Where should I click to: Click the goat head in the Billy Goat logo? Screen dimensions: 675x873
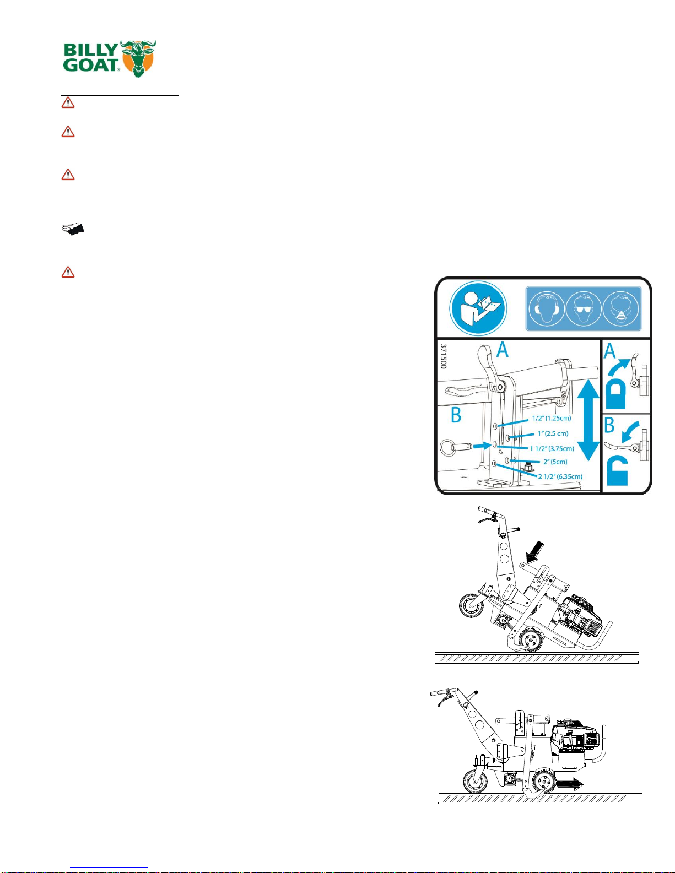[138, 58]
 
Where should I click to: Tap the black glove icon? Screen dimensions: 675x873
[73, 229]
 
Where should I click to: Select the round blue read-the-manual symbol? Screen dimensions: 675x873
[478, 308]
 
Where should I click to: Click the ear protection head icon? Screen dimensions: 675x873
[546, 308]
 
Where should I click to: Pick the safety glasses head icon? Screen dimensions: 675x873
[583, 308]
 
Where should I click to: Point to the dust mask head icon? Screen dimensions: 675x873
[620, 308]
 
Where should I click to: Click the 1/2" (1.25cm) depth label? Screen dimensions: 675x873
[551, 418]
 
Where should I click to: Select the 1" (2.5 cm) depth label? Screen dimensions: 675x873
[553, 433]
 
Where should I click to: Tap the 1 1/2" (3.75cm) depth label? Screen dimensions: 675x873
[552, 448]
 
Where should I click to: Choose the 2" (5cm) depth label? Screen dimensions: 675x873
[555, 462]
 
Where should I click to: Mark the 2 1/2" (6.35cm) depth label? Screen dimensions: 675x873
[560, 476]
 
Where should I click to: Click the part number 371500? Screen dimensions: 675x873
[443, 356]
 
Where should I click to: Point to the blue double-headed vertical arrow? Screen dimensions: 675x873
[588, 420]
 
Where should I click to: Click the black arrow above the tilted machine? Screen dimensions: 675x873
[535, 552]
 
